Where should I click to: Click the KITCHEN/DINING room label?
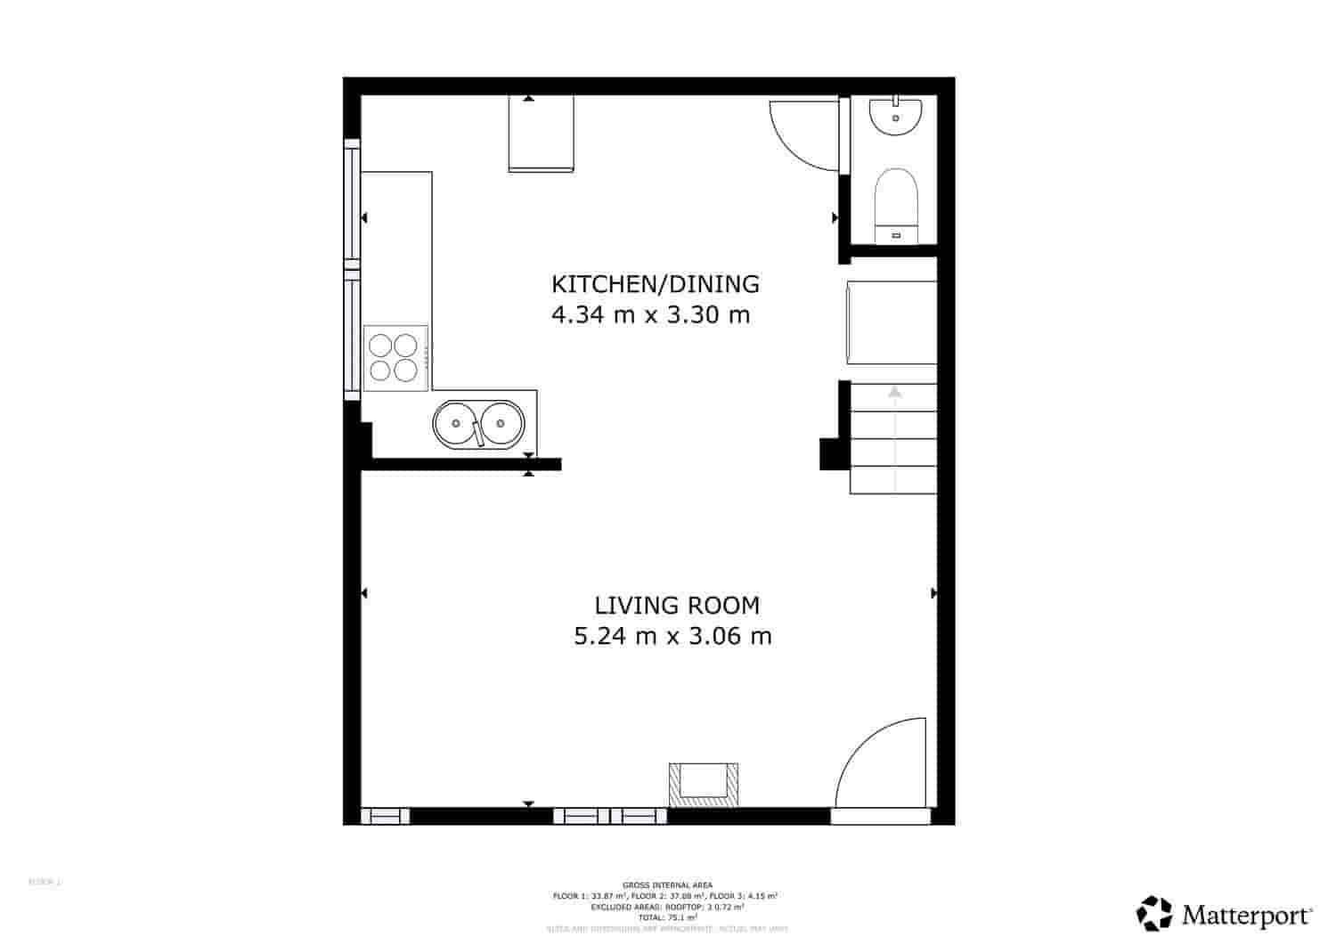click(x=656, y=284)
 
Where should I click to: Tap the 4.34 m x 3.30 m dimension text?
click(x=651, y=314)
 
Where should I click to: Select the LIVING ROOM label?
click(x=677, y=606)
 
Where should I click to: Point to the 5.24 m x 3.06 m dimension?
click(x=672, y=636)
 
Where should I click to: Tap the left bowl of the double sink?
click(x=455, y=421)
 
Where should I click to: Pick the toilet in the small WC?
click(x=895, y=203)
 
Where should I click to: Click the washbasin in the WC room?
click(x=895, y=116)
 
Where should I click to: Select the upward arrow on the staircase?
click(x=894, y=392)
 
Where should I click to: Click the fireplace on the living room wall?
click(x=704, y=785)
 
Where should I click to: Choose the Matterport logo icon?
click(x=1155, y=913)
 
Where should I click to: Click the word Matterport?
click(x=1247, y=915)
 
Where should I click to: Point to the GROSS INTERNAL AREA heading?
click(x=667, y=885)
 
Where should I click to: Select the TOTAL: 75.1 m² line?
click(x=667, y=916)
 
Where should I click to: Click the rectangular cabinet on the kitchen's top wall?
click(x=541, y=133)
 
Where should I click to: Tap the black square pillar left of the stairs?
click(x=832, y=453)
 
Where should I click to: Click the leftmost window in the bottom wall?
click(x=385, y=815)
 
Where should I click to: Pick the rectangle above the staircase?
click(x=891, y=322)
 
